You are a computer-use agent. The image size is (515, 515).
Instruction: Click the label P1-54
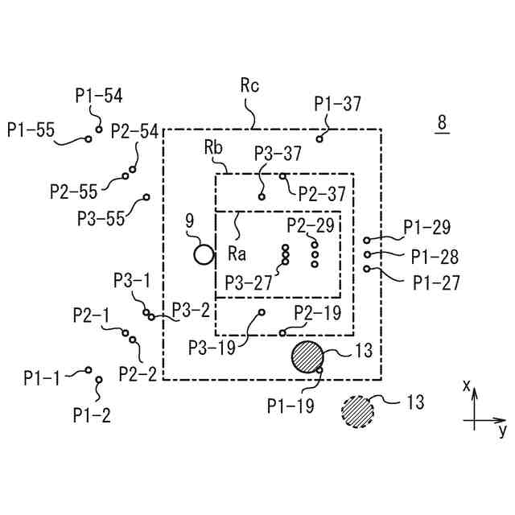pos(100,96)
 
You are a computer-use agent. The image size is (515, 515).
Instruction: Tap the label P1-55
pos(29,128)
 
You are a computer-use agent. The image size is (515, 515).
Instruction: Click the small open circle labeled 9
pos(204,255)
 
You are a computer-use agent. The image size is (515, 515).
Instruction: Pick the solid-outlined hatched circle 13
pos(307,356)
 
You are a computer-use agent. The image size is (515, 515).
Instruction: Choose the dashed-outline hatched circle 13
pos(357,412)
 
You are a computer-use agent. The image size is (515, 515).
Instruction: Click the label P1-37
pos(338,103)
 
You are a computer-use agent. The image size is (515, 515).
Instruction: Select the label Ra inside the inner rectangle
pos(237,254)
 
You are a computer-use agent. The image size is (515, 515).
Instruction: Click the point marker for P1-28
pos(368,254)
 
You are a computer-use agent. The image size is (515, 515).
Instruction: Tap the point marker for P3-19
pos(261,312)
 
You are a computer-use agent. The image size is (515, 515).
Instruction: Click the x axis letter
pos(466,385)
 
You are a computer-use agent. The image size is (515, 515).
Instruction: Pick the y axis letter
pos(502,431)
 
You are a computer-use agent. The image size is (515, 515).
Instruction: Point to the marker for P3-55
pos(146,197)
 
